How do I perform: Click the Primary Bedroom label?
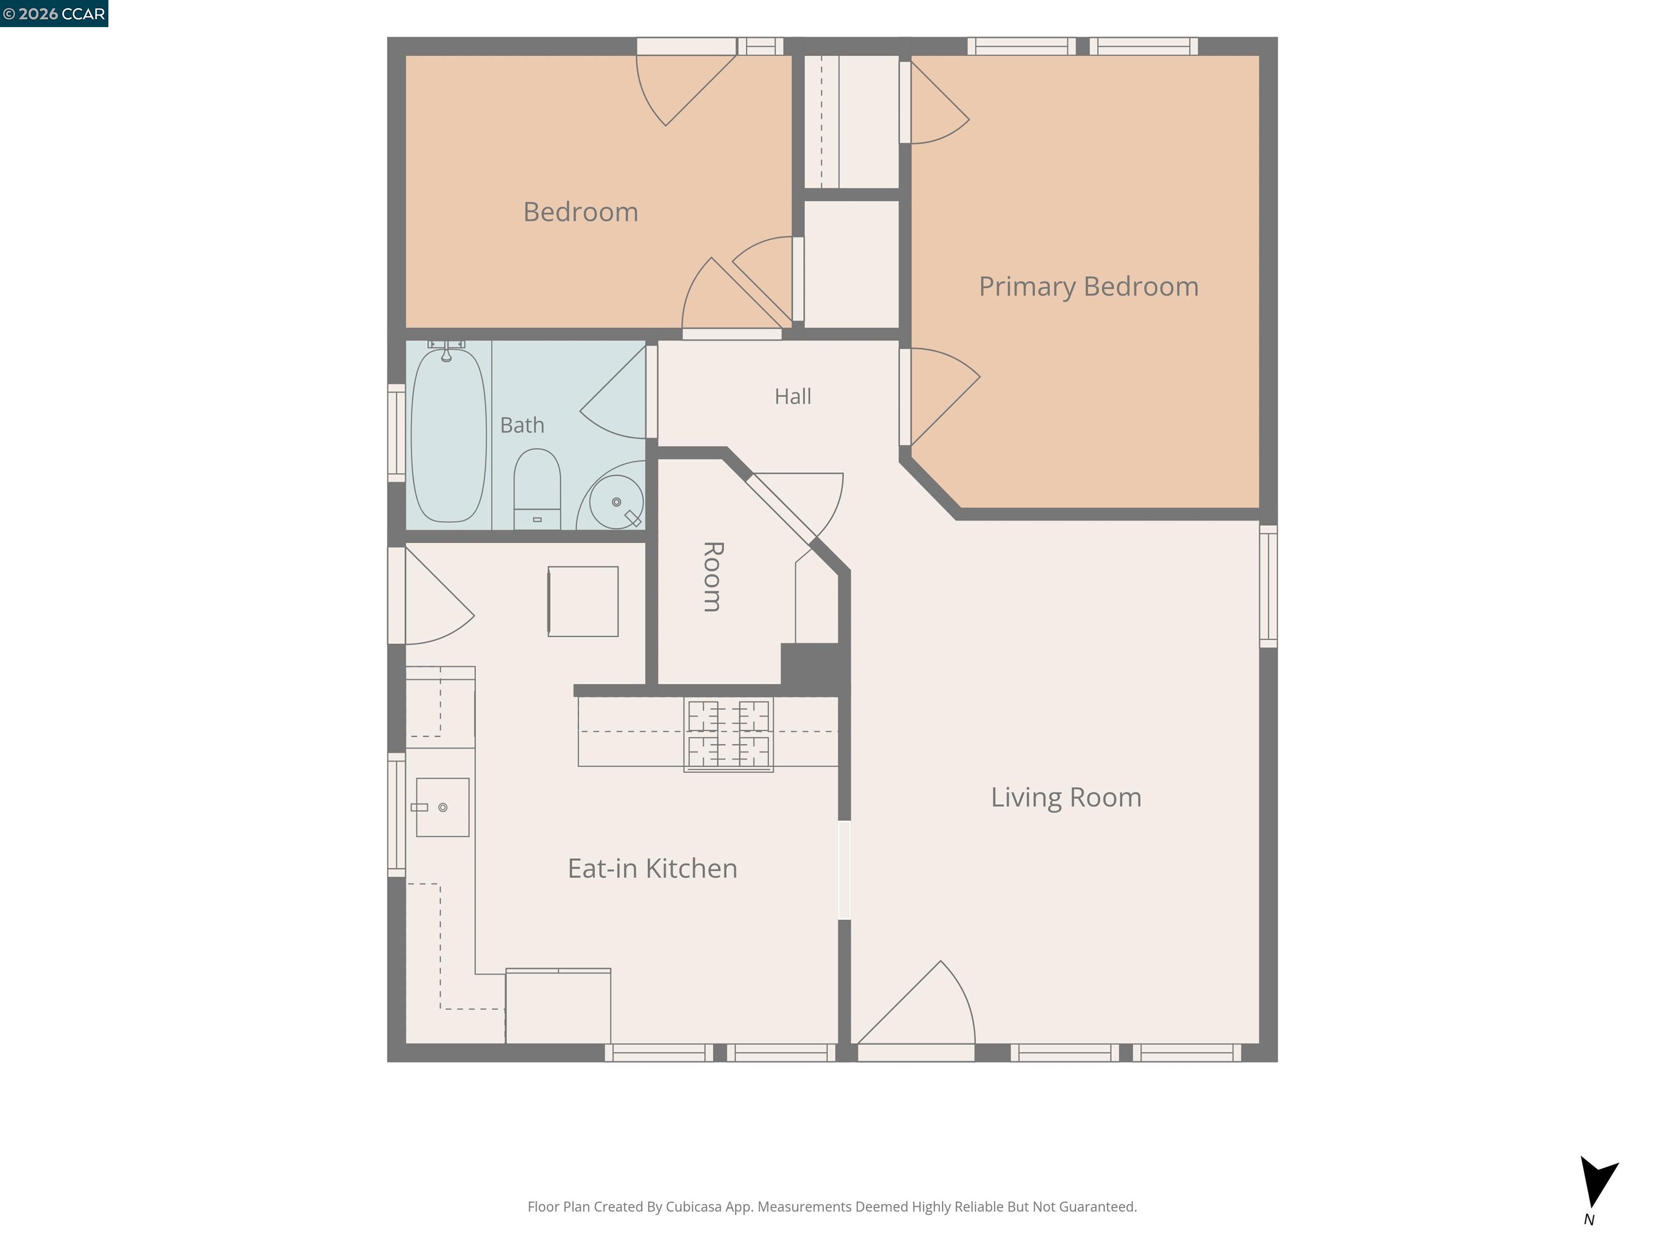point(1088,287)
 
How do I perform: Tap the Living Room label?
point(1066,797)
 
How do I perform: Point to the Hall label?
point(792,396)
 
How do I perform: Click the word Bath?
point(521,426)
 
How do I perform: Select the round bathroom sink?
point(616,501)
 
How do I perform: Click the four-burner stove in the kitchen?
point(728,735)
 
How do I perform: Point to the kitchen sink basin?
point(443,807)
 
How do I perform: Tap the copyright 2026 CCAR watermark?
point(54,14)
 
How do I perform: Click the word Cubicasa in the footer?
point(693,1207)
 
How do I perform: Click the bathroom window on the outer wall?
point(397,433)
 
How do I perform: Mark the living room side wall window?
point(1268,585)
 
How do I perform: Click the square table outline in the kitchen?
point(583,602)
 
